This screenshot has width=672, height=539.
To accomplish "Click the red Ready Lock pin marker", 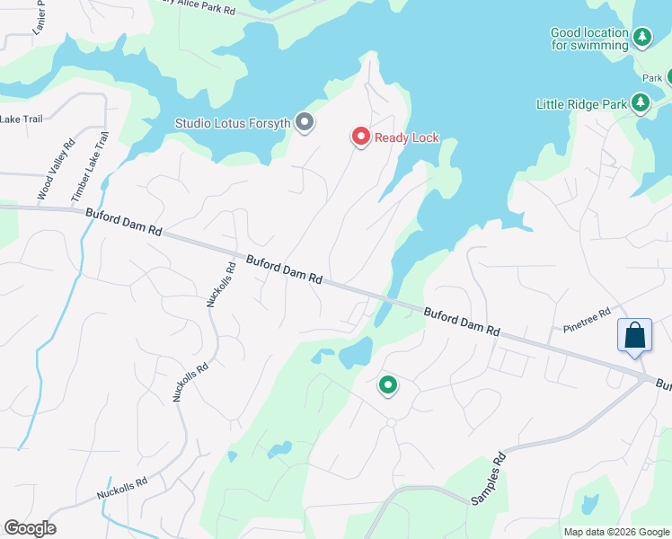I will tap(360, 137).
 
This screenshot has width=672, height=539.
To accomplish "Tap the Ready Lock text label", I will tap(406, 137).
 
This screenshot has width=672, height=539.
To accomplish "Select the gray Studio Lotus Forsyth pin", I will tap(305, 121).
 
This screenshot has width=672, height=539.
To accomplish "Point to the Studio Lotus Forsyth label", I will tap(232, 122).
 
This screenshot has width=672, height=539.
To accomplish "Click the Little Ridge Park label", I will tap(580, 104).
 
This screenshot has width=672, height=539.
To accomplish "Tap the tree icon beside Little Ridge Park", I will tap(641, 104).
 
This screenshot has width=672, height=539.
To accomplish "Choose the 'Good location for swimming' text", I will tap(589, 39).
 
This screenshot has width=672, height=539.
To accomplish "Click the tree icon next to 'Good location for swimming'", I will tap(642, 38).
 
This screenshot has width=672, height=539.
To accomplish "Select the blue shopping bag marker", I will tap(634, 337).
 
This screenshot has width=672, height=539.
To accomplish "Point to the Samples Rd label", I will tap(486, 478).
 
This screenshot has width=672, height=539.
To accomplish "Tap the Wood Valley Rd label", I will tap(55, 170).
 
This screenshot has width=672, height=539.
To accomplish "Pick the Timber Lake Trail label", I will tap(89, 167).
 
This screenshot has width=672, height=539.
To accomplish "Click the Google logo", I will tap(30, 528).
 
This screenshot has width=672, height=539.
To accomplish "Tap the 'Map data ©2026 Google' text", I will tap(615, 532).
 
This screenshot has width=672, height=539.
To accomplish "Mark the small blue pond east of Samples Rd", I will tap(589, 503).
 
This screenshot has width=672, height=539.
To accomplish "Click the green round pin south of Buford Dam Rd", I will tap(388, 385).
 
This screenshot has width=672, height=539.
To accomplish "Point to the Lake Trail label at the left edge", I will tap(22, 119).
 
